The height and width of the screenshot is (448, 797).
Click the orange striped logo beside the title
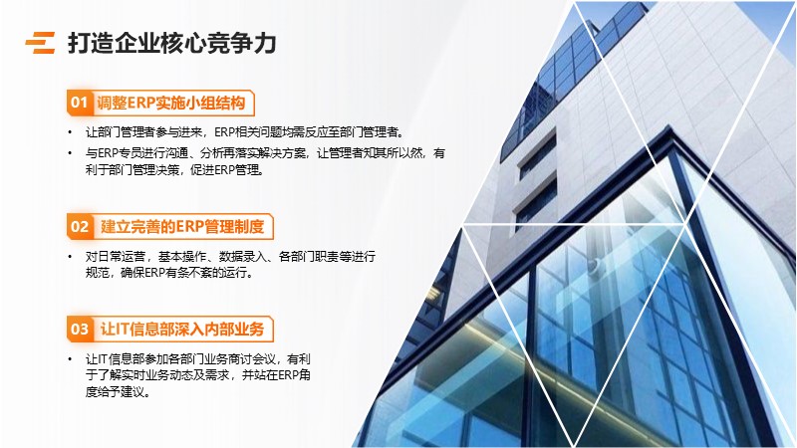pos(40,43)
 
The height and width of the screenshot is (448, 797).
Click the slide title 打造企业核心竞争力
pos(171,43)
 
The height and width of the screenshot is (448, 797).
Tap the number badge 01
pos(79,103)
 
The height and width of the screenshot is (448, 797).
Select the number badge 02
pos(80,227)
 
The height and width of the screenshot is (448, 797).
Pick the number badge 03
pos(80,330)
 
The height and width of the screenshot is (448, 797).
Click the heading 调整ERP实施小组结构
pos(170,103)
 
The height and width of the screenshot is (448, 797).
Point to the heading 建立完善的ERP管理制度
pos(182,227)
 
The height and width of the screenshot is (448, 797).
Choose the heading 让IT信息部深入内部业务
pos(182,330)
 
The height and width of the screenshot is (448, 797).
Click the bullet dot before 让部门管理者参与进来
pos(70,132)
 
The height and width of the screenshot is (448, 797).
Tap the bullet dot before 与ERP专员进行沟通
pos(70,153)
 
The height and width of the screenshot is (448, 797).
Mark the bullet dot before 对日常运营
pos(70,257)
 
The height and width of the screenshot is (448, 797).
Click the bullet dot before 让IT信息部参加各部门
pos(70,359)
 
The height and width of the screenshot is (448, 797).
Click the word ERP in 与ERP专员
pos(108,153)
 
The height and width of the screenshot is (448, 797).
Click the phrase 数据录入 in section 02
pos(242,257)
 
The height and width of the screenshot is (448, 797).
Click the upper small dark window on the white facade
pos(538,155)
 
